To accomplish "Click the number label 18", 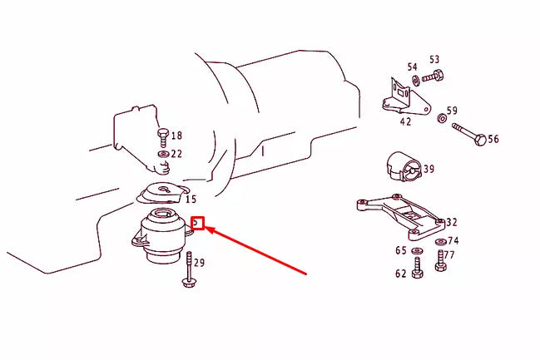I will [x=176, y=136].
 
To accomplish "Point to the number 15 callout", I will [x=191, y=200].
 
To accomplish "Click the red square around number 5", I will [x=197, y=223].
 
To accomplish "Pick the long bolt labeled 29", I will [x=189, y=270].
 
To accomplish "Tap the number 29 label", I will [x=199, y=263].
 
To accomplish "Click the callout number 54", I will [x=412, y=67].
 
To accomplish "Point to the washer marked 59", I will [x=439, y=118].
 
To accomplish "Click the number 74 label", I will [x=453, y=240].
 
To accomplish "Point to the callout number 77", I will [x=449, y=255].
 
